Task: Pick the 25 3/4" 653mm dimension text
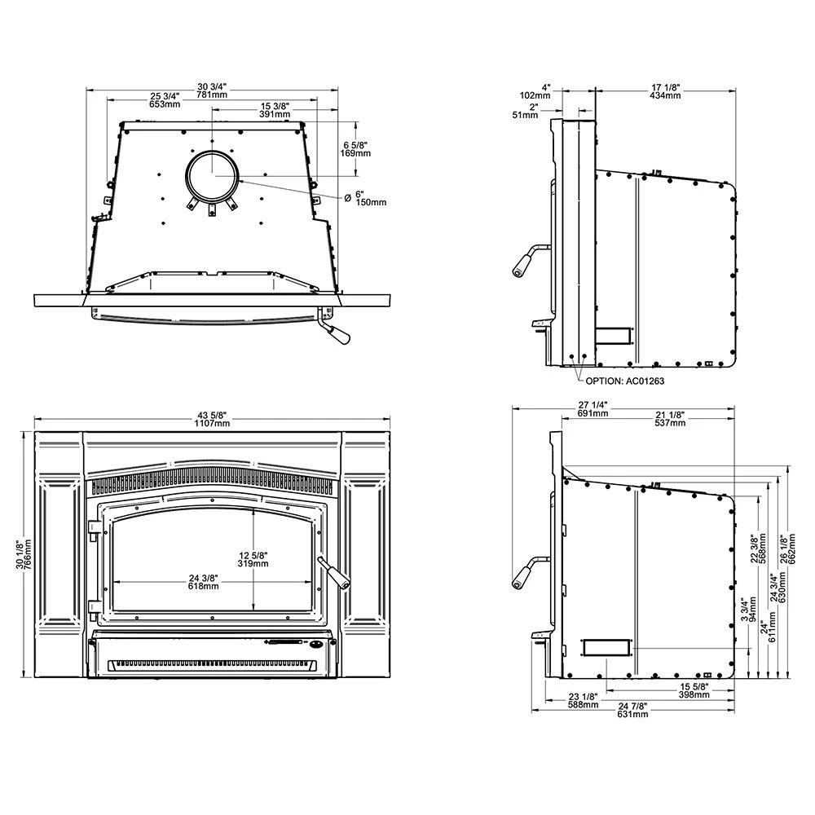click(164, 100)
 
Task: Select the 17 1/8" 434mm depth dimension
click(666, 90)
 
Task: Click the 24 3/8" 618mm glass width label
click(204, 581)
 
